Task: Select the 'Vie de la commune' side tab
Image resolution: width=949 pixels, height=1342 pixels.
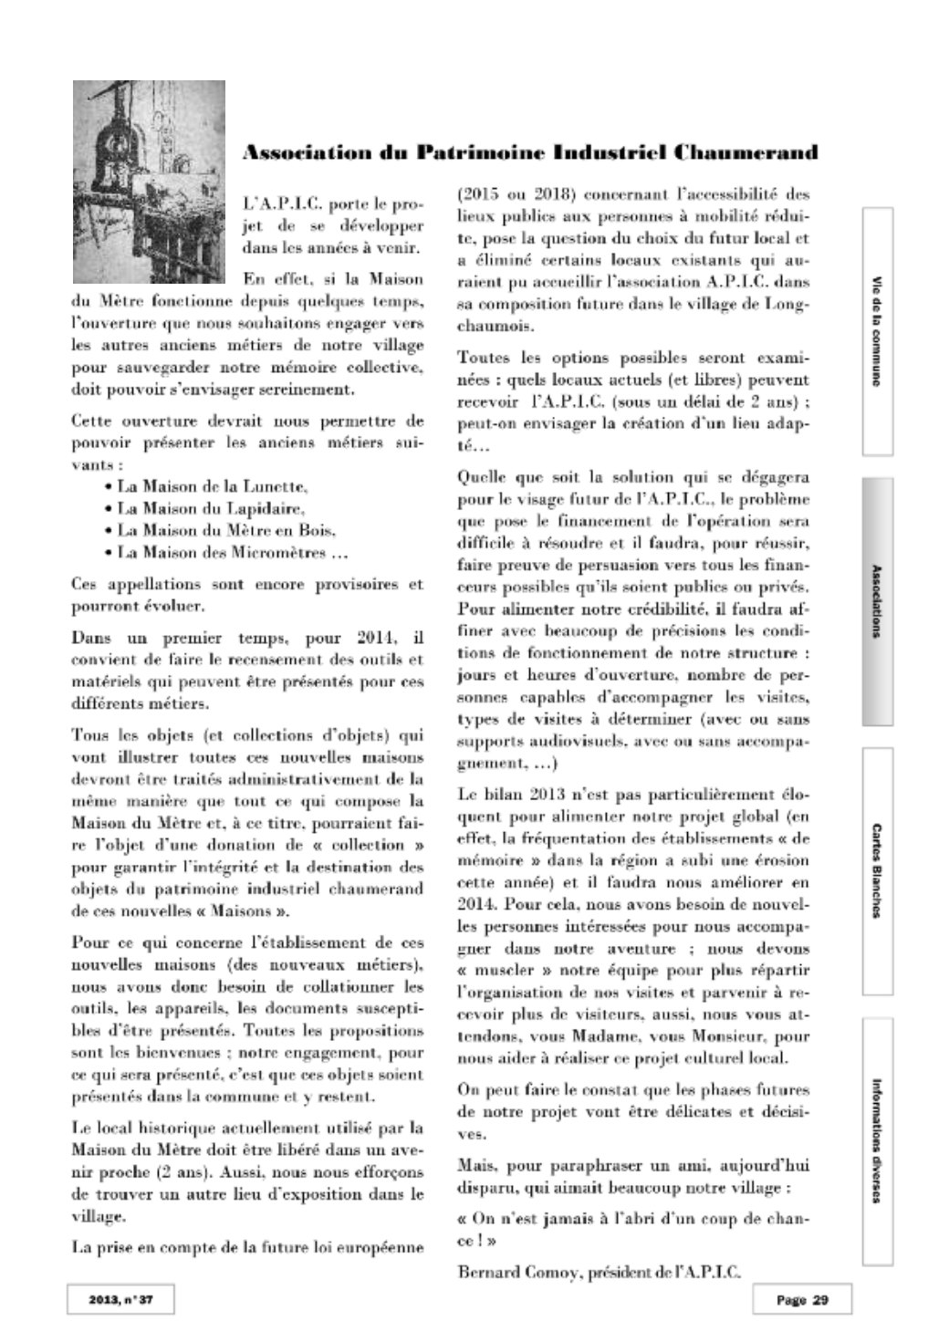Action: click(877, 330)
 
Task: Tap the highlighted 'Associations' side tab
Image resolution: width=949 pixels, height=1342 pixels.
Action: click(877, 601)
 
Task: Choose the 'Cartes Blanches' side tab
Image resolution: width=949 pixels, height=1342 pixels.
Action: click(877, 870)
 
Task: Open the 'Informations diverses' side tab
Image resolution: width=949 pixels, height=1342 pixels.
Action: click(877, 1141)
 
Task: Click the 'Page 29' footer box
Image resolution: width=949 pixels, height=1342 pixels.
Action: click(802, 1300)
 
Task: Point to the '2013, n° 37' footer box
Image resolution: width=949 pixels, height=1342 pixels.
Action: click(120, 1300)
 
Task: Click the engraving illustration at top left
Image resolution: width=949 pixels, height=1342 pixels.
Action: click(150, 182)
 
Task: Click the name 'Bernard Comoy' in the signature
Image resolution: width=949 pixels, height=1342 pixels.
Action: click(504, 1271)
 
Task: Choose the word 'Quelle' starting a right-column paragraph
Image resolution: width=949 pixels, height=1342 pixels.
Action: click(481, 477)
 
